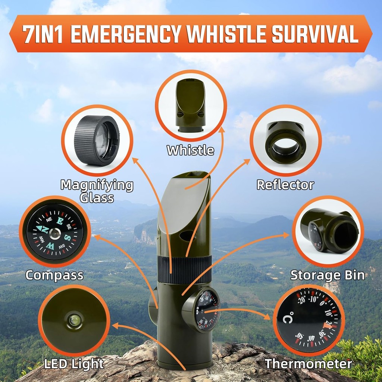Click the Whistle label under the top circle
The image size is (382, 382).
pyautogui.click(x=191, y=150)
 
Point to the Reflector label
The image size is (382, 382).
pyautogui.click(x=285, y=185)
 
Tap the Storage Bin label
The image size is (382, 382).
pyautogui.click(x=328, y=275)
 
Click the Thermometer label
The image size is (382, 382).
pyautogui.click(x=309, y=364)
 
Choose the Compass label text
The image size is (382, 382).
pyautogui.click(x=54, y=276)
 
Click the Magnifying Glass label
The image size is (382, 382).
pyautogui.click(x=97, y=191)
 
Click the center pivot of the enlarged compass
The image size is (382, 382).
pyautogui.click(x=55, y=234)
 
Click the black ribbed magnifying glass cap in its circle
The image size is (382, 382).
pyautogui.click(x=97, y=140)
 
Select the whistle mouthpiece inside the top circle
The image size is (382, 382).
pyautogui.click(x=191, y=105)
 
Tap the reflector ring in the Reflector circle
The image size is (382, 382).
pyautogui.click(x=285, y=142)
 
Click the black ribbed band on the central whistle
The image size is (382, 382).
pyautogui.click(x=184, y=270)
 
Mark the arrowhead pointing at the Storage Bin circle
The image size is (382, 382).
pyautogui.click(x=285, y=235)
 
